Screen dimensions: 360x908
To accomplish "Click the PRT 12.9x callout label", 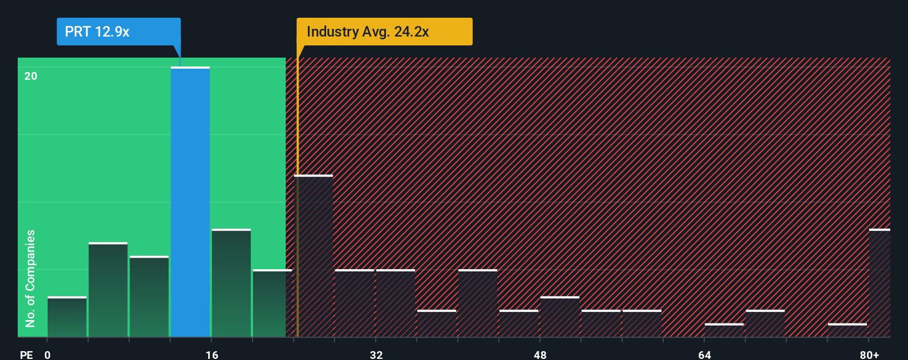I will (x=118, y=32).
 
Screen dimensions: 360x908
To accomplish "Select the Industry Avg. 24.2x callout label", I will (x=384, y=32).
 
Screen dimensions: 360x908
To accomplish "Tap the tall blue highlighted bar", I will (x=190, y=202).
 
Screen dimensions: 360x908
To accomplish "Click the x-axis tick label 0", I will (x=48, y=354).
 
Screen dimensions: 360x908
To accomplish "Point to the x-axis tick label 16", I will (x=211, y=354).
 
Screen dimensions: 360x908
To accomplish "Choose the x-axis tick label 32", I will (x=376, y=354).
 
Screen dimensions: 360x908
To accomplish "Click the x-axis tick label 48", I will (x=540, y=354).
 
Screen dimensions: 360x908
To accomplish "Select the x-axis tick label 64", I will (x=704, y=354).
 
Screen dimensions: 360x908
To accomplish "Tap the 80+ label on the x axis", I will (x=869, y=354).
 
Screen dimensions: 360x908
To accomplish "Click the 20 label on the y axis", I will (x=31, y=76).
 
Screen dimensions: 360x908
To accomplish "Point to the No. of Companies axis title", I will (x=30, y=278).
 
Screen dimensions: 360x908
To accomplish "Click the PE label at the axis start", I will (x=26, y=354).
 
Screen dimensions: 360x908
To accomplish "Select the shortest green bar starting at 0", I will (x=67, y=317).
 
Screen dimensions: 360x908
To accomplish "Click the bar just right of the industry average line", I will (x=314, y=256).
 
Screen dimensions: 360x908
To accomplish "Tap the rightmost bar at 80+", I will (x=879, y=283).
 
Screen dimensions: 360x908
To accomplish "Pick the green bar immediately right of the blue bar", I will (x=231, y=283).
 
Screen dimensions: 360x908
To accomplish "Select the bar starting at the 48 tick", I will (x=560, y=317).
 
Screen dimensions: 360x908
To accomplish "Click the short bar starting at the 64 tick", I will (x=724, y=330).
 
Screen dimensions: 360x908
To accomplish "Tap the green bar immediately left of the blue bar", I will (x=149, y=297).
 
